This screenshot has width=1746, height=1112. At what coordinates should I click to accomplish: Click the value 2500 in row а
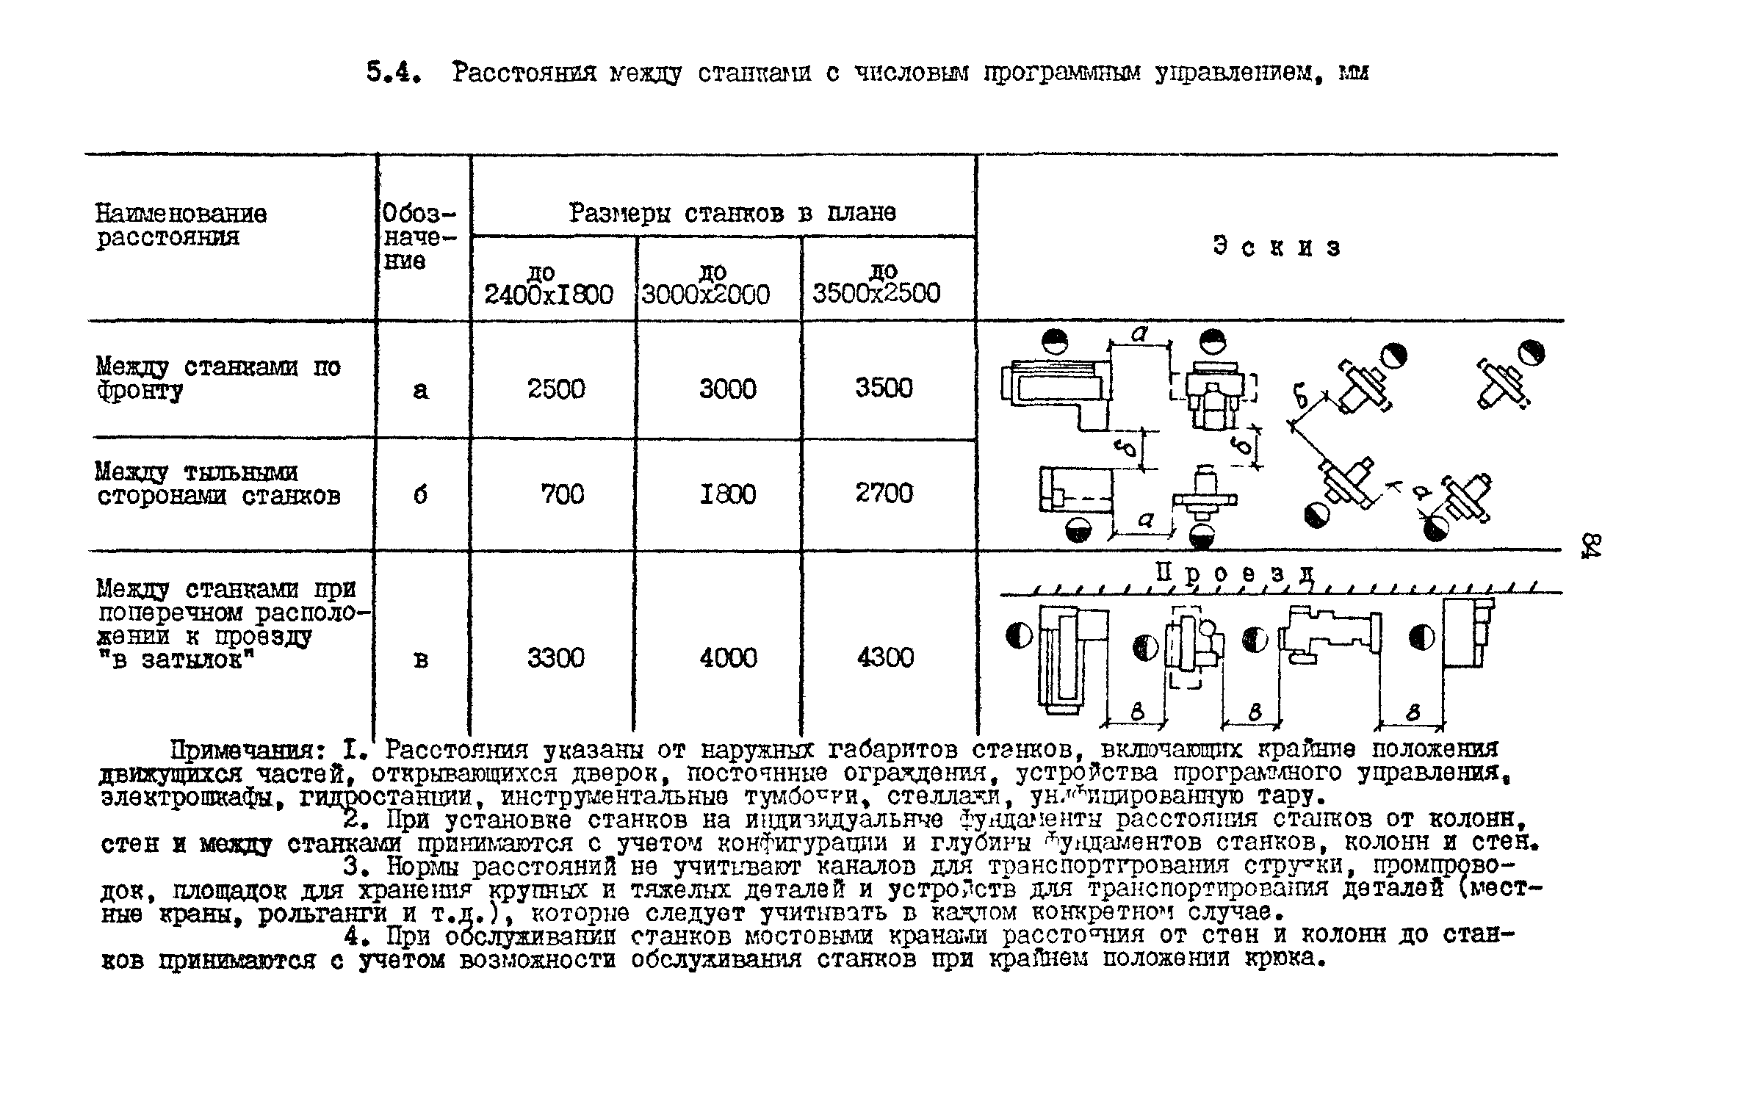556,389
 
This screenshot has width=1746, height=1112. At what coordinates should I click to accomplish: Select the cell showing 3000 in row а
727,389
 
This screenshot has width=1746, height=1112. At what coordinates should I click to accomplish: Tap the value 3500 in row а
884,388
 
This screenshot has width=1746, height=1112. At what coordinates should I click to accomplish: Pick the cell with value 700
563,494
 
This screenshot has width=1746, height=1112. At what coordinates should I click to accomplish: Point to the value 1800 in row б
727,494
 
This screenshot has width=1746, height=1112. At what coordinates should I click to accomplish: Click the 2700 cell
884,493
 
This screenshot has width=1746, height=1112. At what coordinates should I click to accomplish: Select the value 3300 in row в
556,657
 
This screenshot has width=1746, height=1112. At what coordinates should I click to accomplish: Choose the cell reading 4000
727,657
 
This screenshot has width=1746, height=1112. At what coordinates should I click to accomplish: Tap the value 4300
885,657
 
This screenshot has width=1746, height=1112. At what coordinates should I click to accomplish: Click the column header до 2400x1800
548,285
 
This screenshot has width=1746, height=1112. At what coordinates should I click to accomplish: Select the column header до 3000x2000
706,285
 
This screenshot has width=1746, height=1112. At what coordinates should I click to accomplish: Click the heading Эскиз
1277,248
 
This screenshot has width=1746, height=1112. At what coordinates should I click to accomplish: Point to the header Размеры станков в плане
732,214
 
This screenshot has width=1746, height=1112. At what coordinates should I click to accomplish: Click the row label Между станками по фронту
218,378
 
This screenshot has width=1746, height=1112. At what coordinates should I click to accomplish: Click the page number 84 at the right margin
1591,546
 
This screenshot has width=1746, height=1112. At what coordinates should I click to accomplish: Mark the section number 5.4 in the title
393,73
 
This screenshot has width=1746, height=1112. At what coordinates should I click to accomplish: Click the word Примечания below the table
248,751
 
